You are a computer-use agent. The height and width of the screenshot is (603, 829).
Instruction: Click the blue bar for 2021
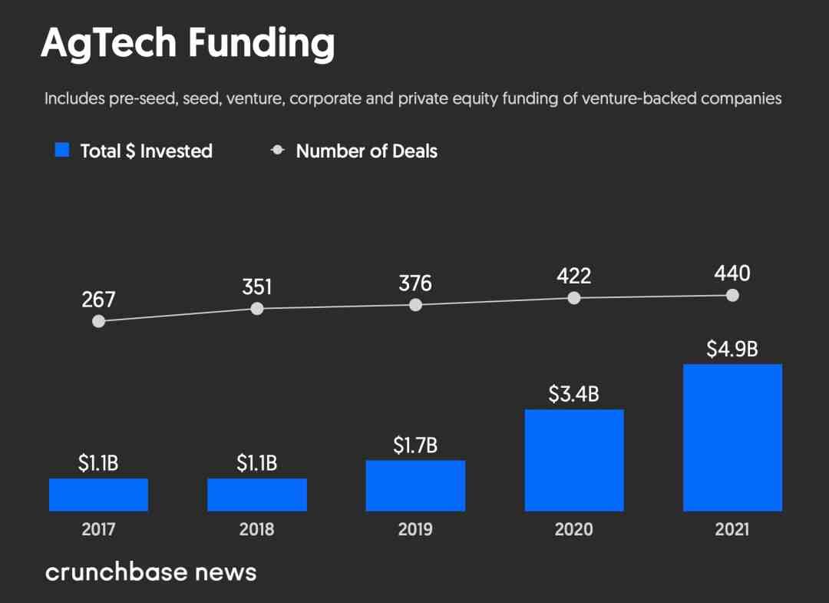pyautogui.click(x=732, y=437)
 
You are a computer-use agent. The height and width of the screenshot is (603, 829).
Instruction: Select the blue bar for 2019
pyautogui.click(x=415, y=485)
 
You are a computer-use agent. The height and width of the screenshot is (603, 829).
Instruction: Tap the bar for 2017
pyautogui.click(x=98, y=495)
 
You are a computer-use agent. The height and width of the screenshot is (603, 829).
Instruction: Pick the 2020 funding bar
pyautogui.click(x=574, y=460)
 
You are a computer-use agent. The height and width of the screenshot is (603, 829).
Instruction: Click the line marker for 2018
pyautogui.click(x=257, y=309)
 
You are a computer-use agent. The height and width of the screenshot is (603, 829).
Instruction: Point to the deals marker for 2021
pyautogui.click(x=732, y=295)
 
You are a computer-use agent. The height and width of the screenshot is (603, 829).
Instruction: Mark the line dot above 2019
pyautogui.click(x=415, y=305)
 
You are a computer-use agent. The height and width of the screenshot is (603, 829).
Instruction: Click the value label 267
pyautogui.click(x=98, y=300)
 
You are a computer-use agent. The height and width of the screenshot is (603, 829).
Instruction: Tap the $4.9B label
pyautogui.click(x=732, y=349)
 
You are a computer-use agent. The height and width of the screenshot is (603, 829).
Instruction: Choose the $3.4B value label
pyautogui.click(x=573, y=394)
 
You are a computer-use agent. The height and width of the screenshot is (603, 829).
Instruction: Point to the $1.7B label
pyautogui.click(x=415, y=445)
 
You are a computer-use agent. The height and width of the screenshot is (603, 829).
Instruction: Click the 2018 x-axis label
pyautogui.click(x=257, y=530)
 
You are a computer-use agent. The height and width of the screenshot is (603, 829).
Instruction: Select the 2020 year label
pyautogui.click(x=574, y=530)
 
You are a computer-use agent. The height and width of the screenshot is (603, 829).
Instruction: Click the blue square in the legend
pyautogui.click(x=62, y=151)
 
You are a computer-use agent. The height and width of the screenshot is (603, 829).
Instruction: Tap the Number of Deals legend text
pyautogui.click(x=366, y=151)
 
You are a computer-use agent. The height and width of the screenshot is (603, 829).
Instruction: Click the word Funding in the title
pyautogui.click(x=261, y=44)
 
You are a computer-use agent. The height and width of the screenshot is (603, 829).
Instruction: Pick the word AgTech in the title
pyautogui.click(x=108, y=44)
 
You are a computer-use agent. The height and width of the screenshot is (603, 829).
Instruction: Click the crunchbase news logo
pyautogui.click(x=150, y=572)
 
